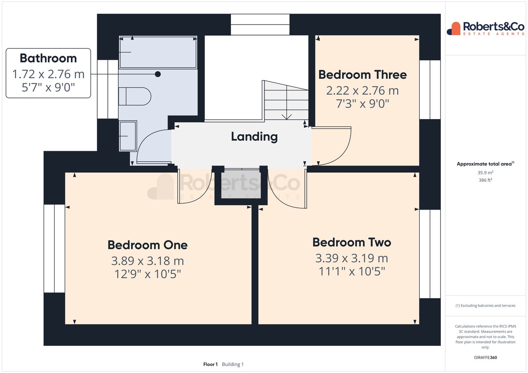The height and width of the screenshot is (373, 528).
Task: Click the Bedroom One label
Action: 147,245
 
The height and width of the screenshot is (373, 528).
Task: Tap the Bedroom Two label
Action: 352,243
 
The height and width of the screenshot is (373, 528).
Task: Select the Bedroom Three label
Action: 363,75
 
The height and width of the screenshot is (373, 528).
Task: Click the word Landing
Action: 254,137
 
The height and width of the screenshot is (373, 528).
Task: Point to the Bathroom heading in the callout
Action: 48,58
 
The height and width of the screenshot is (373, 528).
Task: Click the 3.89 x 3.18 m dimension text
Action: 147,261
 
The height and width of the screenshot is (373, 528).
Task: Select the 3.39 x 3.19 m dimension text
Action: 352,258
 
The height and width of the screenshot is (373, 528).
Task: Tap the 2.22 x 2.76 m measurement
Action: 363,91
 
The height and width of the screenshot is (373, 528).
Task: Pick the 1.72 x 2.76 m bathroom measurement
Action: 48,74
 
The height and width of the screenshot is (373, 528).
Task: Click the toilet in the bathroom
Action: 135,96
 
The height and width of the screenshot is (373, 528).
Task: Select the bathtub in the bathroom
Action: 158,52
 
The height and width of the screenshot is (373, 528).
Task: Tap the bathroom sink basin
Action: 128,136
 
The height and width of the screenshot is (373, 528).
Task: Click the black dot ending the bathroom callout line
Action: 158,74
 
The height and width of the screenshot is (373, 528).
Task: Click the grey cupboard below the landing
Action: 241,184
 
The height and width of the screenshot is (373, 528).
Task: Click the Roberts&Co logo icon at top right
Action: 454,29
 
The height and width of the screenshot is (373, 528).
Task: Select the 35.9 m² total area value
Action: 485,173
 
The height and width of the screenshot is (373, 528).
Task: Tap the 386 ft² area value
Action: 485,180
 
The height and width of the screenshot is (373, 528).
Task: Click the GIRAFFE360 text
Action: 485,358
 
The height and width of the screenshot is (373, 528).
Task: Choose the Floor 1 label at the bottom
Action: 210,364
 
